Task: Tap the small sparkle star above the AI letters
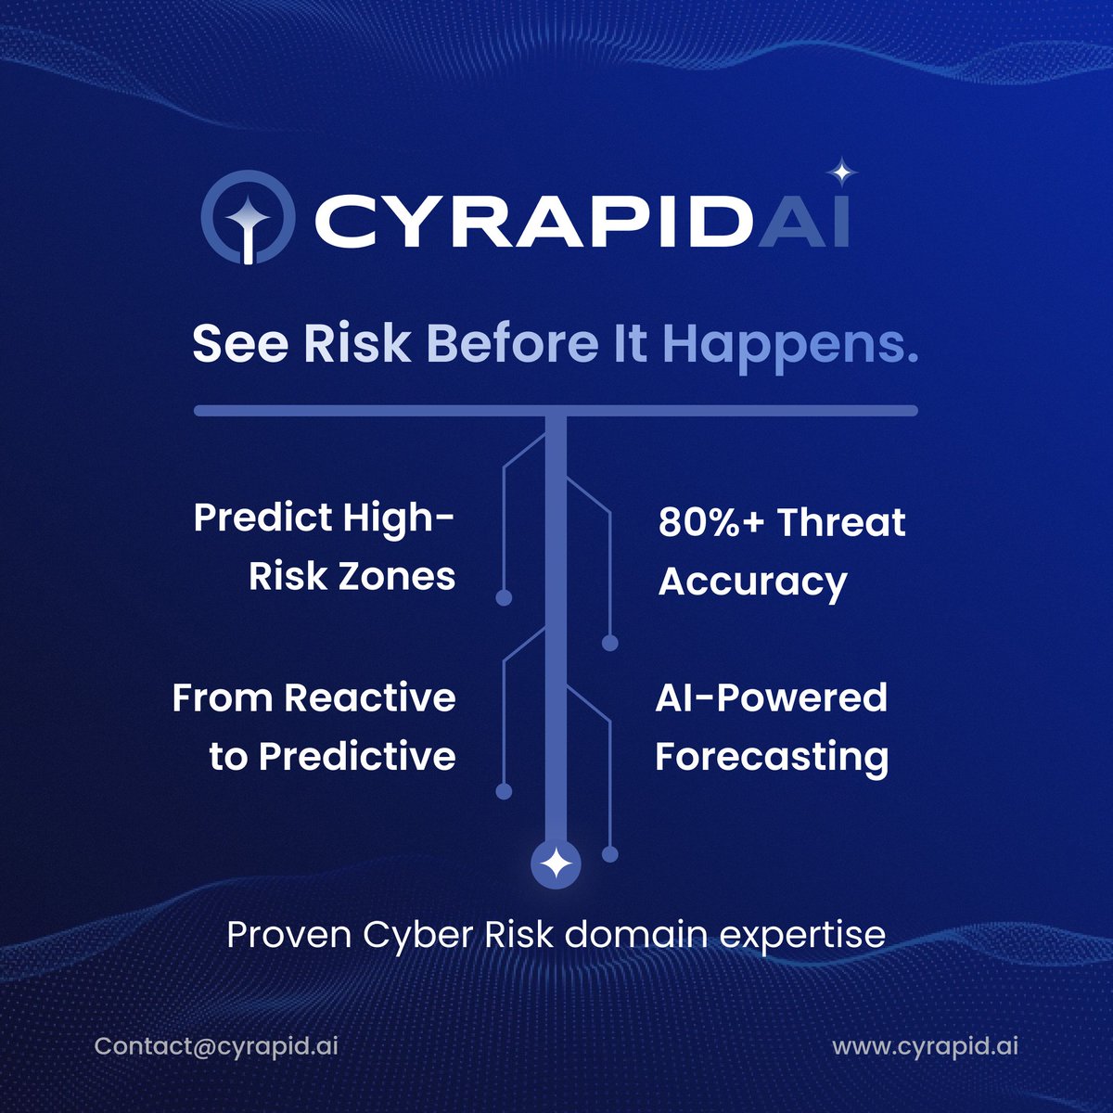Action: click(x=842, y=173)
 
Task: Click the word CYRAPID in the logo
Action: click(x=531, y=222)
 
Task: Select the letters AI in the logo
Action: click(x=806, y=222)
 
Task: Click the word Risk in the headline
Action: click(x=356, y=344)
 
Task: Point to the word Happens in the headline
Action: click(x=789, y=346)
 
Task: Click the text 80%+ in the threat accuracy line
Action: click(x=711, y=523)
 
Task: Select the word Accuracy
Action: click(x=752, y=582)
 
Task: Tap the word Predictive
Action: click(x=357, y=757)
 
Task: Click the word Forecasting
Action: click(x=772, y=757)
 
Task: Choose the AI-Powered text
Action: click(x=771, y=697)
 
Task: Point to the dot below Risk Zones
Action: click(x=504, y=598)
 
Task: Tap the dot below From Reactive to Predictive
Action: click(x=504, y=791)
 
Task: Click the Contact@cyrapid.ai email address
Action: click(x=216, y=1046)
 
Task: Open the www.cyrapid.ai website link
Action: click(x=925, y=1046)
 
